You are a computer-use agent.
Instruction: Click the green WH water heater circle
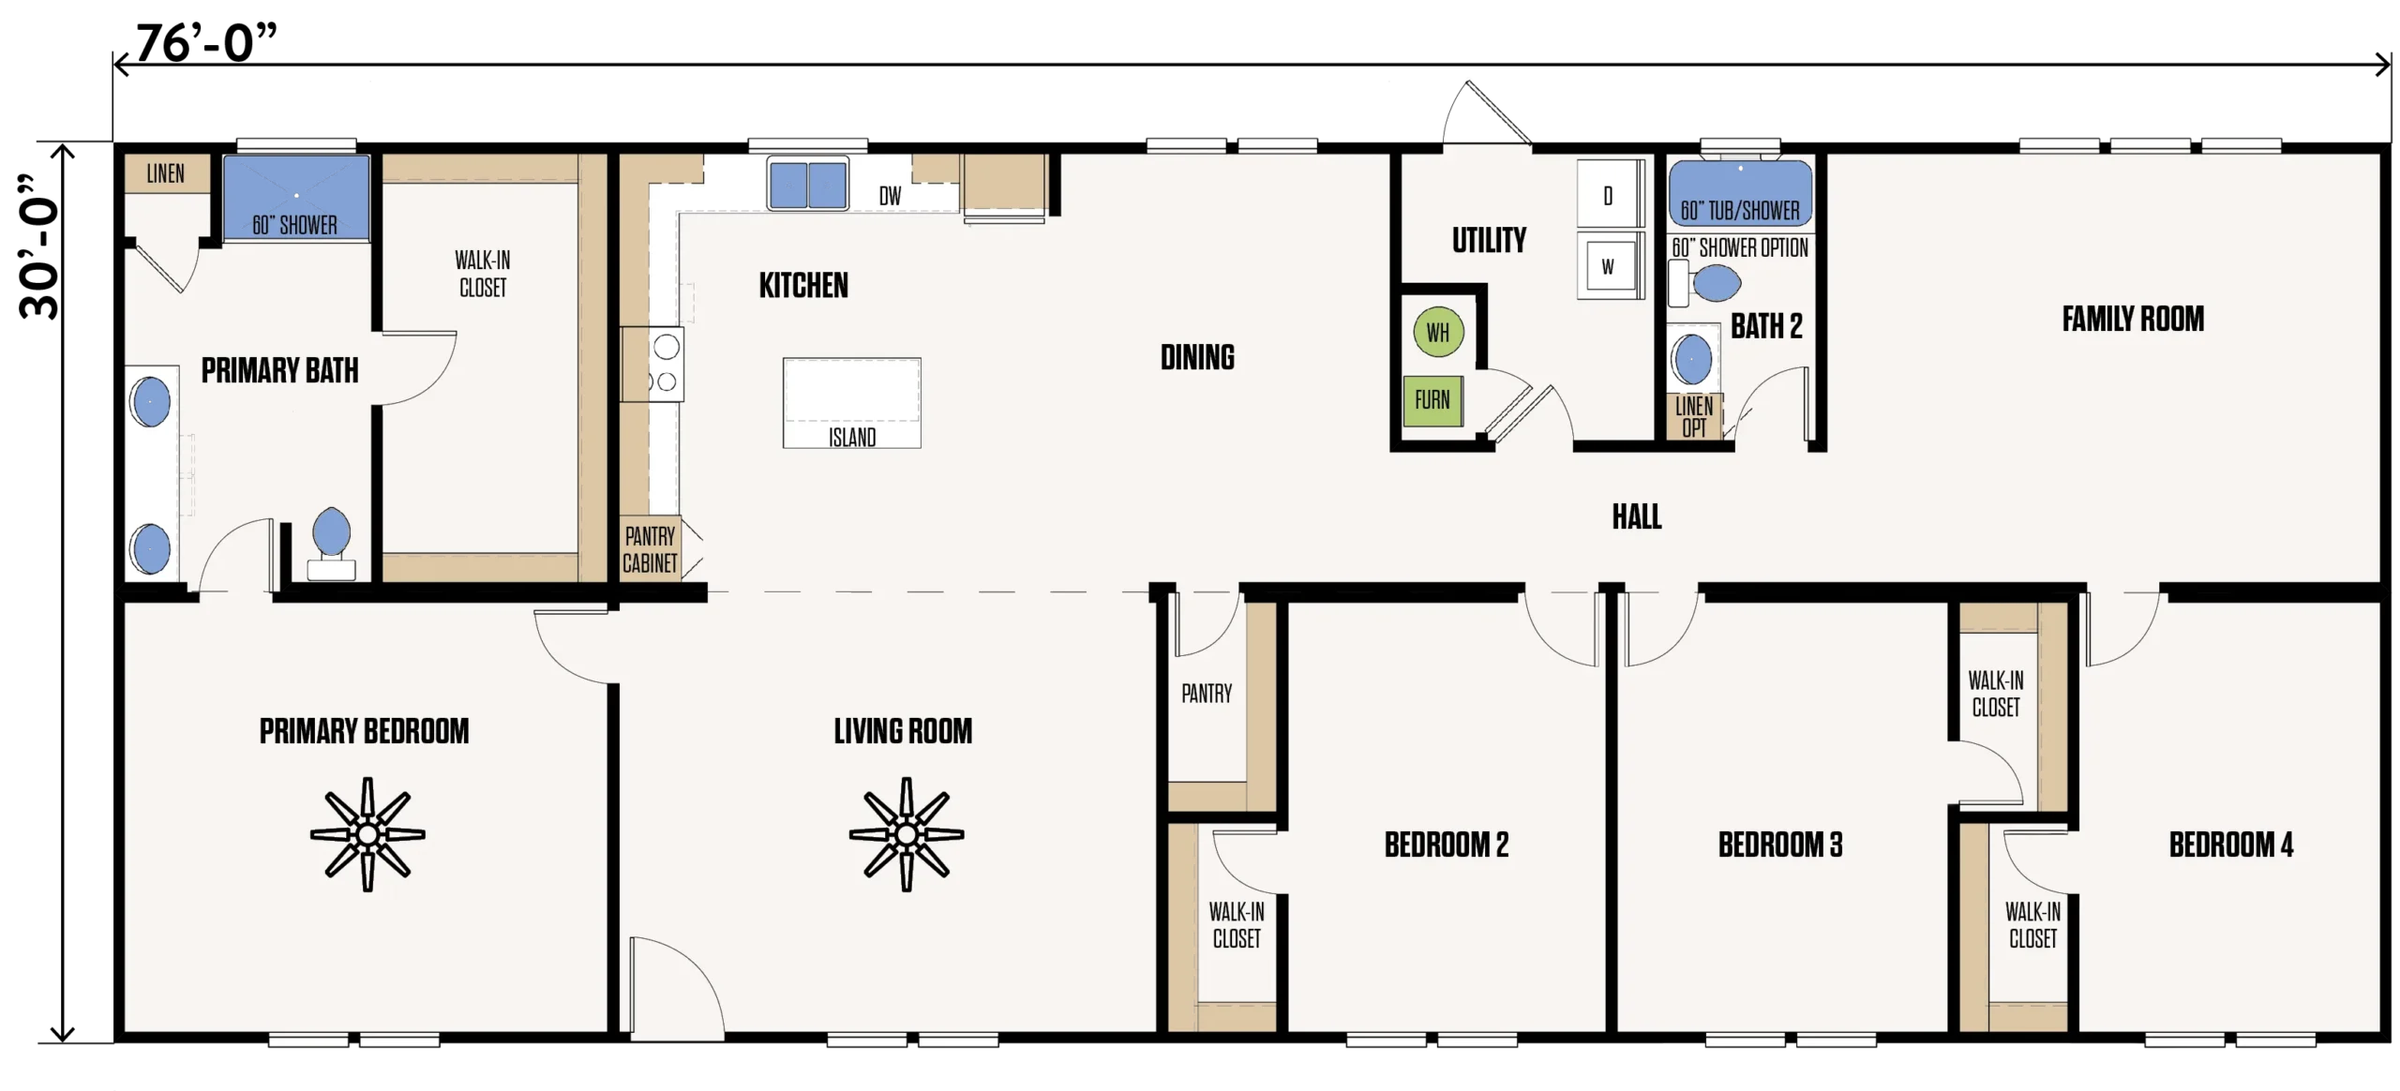point(1437,332)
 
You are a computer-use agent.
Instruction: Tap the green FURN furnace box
point(1432,400)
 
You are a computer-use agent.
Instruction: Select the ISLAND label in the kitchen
point(851,438)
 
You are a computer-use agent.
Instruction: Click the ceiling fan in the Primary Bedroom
point(367,833)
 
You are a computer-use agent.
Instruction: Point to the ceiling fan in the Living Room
point(906,833)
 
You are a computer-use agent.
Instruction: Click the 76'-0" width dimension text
point(206,42)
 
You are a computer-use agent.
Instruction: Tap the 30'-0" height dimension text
point(39,246)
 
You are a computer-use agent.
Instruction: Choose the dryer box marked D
point(1609,195)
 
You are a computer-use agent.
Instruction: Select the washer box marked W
point(1609,266)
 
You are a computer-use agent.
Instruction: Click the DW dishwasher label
point(890,196)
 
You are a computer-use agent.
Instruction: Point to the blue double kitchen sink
point(807,184)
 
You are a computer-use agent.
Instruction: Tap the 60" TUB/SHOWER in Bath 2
point(1740,193)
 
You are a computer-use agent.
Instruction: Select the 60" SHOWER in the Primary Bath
point(296,198)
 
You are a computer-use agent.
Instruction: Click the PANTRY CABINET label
point(650,549)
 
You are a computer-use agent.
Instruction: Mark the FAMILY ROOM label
point(2133,319)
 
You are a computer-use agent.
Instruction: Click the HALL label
point(1637,516)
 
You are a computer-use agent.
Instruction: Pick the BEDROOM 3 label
point(1779,844)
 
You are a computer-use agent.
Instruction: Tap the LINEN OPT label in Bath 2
point(1694,417)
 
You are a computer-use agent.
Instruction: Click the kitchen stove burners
point(666,364)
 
